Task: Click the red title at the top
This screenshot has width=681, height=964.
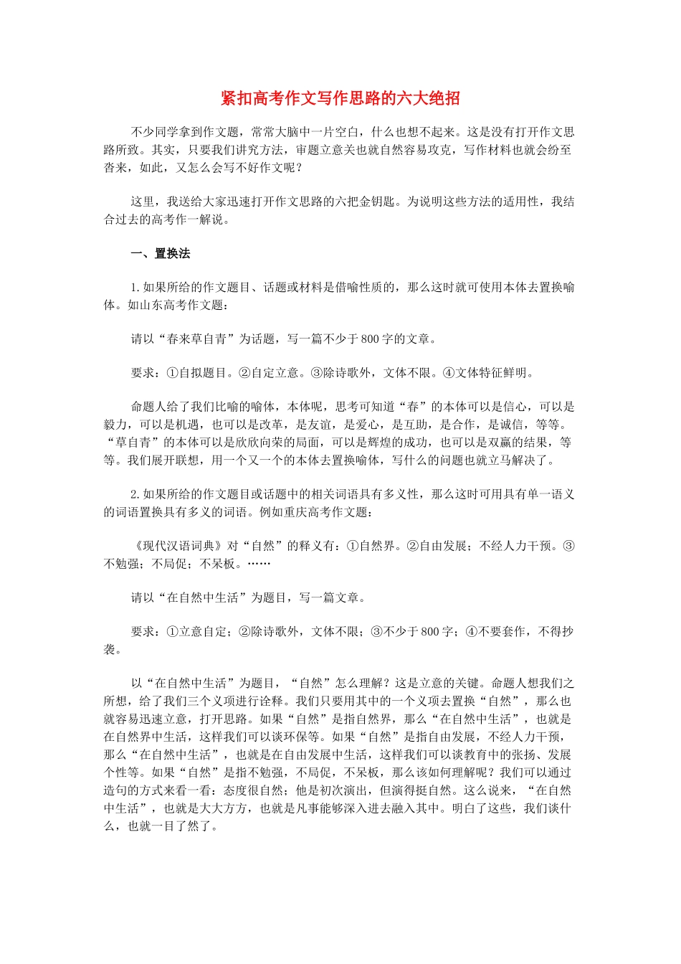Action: click(340, 98)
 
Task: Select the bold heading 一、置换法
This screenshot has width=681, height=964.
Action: click(161, 253)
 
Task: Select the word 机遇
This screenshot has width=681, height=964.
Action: click(188, 425)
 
